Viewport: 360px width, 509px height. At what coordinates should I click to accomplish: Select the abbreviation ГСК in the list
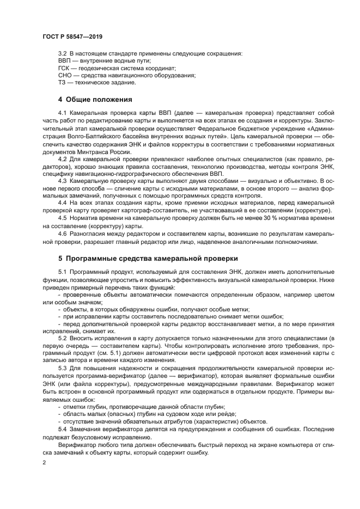click(64, 68)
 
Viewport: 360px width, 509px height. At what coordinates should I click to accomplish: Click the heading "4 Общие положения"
click(95, 100)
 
